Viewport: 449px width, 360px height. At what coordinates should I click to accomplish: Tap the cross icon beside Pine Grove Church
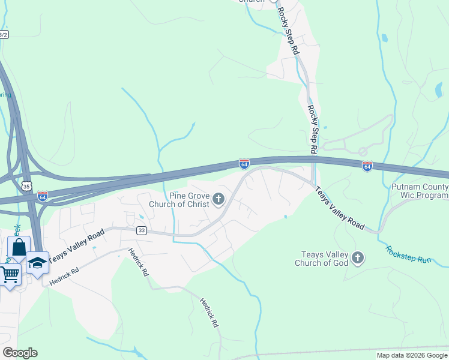218,199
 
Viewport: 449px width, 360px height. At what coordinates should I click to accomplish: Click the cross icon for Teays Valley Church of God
358,258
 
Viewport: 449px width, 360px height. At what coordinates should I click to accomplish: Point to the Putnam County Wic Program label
420,191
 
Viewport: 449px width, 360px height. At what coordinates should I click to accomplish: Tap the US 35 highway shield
26,187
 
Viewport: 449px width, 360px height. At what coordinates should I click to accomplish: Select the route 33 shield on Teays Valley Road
141,230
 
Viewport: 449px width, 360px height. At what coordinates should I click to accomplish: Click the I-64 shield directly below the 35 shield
42,196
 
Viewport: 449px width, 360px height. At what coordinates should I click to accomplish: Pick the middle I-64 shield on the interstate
244,164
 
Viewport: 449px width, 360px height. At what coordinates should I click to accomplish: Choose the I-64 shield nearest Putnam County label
367,166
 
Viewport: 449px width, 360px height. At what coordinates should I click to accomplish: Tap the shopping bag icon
19,247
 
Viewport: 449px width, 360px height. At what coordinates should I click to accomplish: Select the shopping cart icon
9,275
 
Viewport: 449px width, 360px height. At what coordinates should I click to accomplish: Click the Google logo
20,353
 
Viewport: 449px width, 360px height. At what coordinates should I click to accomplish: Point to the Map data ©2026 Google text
412,355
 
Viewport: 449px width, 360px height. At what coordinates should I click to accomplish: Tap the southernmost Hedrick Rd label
209,313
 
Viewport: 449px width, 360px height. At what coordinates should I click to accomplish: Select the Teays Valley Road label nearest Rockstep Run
340,208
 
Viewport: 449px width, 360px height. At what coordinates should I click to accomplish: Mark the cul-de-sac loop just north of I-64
363,152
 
